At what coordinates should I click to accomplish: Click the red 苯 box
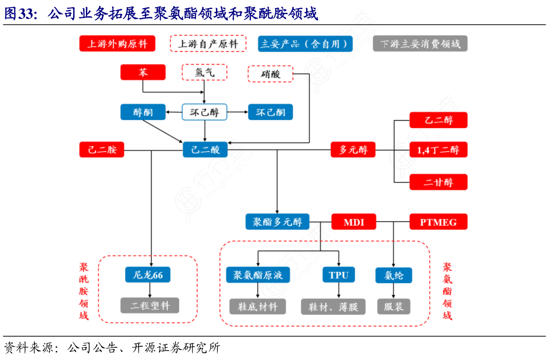143,73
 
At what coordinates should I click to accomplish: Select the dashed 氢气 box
205,73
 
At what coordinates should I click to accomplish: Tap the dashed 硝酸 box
270,74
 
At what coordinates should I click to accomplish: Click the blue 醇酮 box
143,112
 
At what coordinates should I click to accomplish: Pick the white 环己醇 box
205,112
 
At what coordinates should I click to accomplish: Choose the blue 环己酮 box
270,112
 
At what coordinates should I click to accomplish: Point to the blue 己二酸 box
205,150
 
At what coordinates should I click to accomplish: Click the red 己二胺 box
102,150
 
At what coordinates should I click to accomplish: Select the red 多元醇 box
353,150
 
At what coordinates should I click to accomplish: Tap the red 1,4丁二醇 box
438,150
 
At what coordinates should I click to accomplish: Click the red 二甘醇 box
438,182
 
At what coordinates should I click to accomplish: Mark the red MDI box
354,222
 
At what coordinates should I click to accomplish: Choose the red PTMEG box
438,222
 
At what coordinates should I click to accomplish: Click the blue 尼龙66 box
148,275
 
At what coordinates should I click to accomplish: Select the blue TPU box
338,275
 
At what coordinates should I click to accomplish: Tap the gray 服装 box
393,306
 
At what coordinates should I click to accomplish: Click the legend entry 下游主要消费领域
420,44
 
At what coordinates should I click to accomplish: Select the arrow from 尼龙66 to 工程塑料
150,290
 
